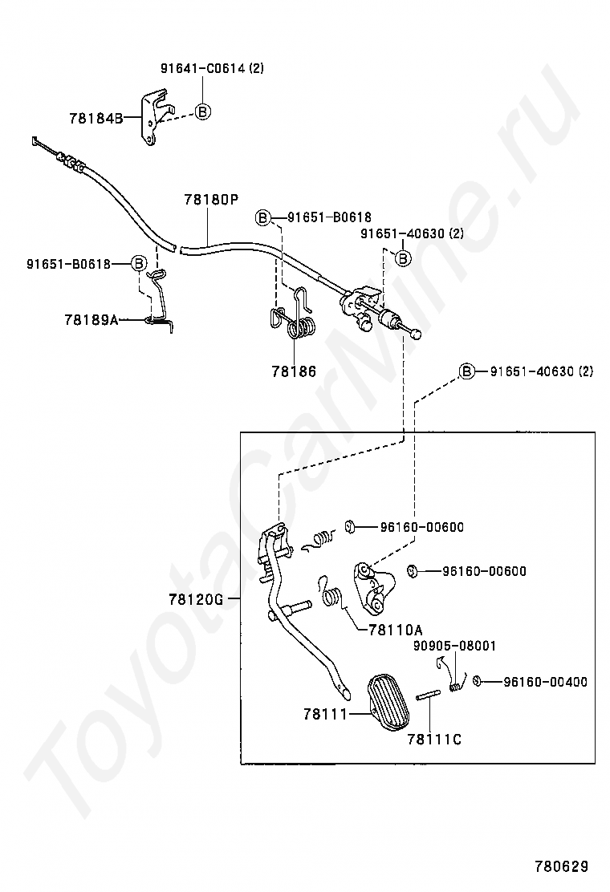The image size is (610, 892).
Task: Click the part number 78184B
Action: point(95,118)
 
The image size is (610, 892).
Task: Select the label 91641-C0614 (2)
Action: point(212,68)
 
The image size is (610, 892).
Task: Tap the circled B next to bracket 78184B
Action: point(203,111)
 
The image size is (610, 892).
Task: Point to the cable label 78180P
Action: point(211,199)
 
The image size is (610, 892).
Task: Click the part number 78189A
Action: point(91,319)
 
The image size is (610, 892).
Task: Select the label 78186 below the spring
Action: point(293,371)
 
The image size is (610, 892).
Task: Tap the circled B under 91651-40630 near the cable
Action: point(403,257)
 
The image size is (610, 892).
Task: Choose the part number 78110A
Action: point(396,629)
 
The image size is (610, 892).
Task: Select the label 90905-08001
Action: point(454,645)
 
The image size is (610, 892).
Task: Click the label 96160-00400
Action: point(545,682)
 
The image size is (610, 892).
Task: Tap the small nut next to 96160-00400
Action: point(477,682)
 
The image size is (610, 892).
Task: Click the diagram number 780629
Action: point(562,866)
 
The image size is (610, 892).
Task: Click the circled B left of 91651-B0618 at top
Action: point(262,217)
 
